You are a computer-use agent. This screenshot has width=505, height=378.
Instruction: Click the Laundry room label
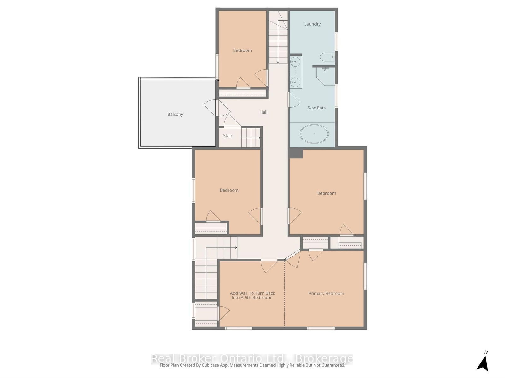pos(312,24)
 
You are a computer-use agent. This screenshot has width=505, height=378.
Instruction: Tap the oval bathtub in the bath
pos(314,134)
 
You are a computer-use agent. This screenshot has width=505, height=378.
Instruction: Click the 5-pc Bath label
pos(317,108)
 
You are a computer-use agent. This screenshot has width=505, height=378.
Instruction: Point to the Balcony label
pos(175,114)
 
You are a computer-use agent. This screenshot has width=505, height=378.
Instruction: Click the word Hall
pos(264,112)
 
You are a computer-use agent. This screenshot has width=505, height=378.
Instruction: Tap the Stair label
pos(228,136)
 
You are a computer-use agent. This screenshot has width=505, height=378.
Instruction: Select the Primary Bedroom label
pos(326,294)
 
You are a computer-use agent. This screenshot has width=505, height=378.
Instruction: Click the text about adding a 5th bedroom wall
pos(252,295)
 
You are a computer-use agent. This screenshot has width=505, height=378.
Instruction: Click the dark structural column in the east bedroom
pos(296,153)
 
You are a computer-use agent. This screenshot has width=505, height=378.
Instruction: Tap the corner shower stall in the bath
pos(325,76)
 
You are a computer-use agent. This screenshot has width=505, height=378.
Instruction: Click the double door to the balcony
pos(217,108)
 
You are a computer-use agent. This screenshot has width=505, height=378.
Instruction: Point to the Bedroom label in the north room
pos(242,50)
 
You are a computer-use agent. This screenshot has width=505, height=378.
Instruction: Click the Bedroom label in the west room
pos(229,190)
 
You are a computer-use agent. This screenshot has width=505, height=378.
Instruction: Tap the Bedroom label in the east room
pos(326,193)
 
